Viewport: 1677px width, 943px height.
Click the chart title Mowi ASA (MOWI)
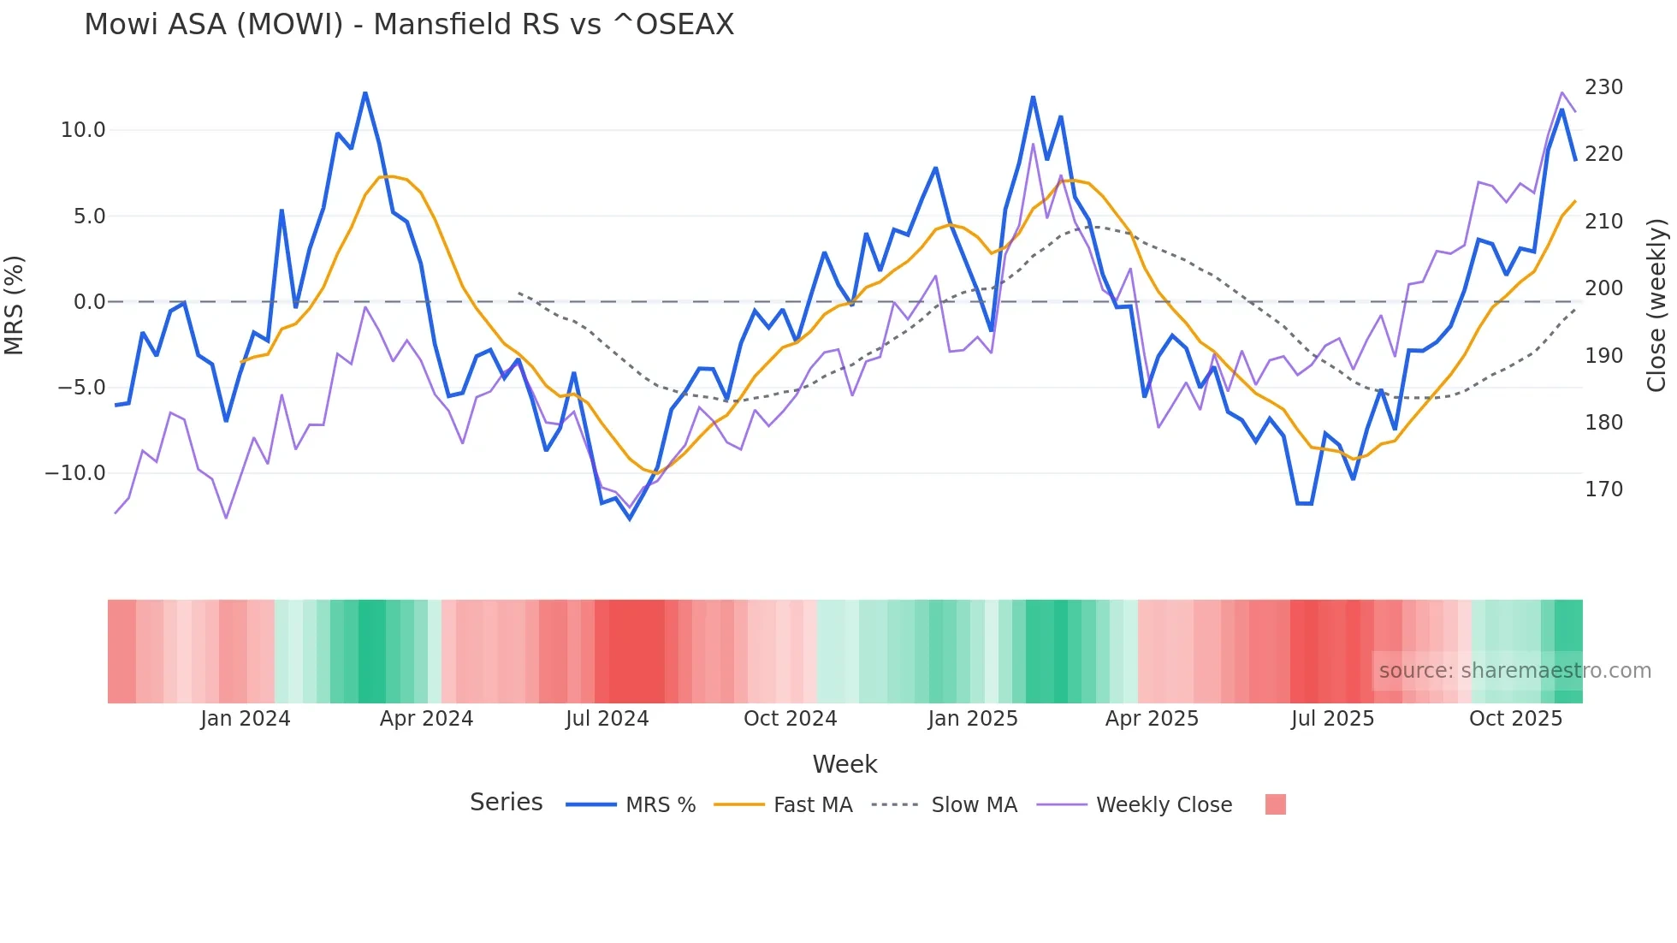(409, 25)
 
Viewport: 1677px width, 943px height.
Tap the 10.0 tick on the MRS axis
(82, 130)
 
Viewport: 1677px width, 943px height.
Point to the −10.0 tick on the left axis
(75, 473)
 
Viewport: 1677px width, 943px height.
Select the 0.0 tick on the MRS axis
(89, 302)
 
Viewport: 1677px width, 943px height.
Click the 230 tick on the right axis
(1603, 87)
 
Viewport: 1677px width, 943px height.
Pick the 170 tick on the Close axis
(1603, 489)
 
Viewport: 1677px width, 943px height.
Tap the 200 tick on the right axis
(1603, 288)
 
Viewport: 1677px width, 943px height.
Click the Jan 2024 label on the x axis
(246, 719)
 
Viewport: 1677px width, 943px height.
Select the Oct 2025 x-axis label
(1515, 719)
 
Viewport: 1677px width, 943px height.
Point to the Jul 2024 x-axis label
(607, 719)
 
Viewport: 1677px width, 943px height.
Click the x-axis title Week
(844, 764)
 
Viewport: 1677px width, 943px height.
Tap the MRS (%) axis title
(15, 305)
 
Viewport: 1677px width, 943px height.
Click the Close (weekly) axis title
(1657, 305)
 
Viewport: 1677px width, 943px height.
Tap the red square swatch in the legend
(1275, 804)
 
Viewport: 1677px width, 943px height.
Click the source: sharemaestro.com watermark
(1514, 671)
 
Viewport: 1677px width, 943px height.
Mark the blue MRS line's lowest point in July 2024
(630, 519)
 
